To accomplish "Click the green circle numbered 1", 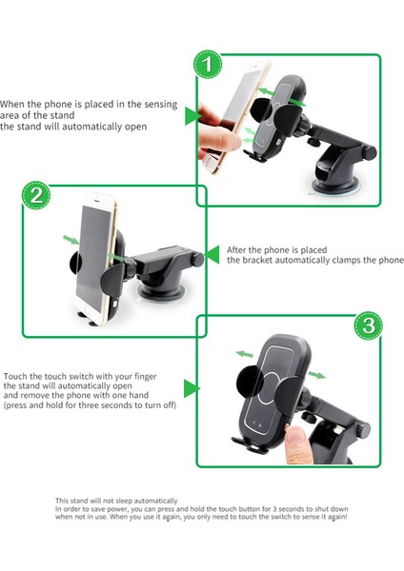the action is pyautogui.click(x=208, y=65).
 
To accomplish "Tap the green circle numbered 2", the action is pyautogui.click(x=36, y=195).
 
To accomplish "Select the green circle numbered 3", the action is pyautogui.click(x=368, y=325).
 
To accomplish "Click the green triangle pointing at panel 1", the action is pyautogui.click(x=192, y=116).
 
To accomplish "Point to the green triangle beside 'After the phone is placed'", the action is pyautogui.click(x=212, y=254).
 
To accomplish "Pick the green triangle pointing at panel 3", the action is pyautogui.click(x=192, y=388).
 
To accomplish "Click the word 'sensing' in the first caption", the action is pyautogui.click(x=161, y=105).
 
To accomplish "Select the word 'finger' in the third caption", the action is pyautogui.click(x=146, y=377).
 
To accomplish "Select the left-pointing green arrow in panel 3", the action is pyautogui.click(x=244, y=354).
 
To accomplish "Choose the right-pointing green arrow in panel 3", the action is pyautogui.click(x=317, y=375).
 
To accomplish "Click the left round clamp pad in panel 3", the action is pyautogui.click(x=251, y=382).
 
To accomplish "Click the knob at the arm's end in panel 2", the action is pyautogui.click(x=198, y=259).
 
